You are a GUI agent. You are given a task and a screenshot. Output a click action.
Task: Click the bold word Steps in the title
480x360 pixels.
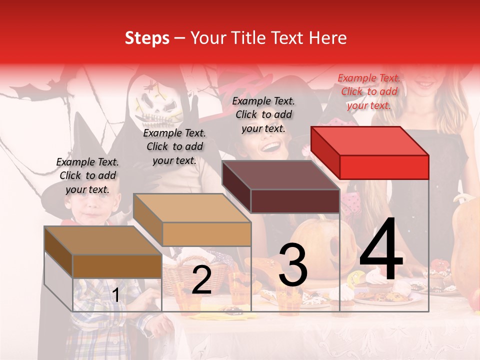(147, 38)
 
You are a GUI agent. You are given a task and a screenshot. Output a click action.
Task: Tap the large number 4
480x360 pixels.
(381, 250)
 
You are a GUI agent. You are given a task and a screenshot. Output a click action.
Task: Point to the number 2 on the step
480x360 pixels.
(201, 280)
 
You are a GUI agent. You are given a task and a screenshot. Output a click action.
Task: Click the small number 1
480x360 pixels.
(115, 295)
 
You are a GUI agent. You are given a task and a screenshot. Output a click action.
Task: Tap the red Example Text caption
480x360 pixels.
(368, 91)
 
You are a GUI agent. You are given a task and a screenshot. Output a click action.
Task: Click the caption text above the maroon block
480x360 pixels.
(263, 114)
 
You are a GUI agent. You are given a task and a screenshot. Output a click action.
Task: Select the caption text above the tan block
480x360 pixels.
(174, 146)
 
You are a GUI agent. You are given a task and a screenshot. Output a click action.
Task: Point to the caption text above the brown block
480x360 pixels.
(87, 175)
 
